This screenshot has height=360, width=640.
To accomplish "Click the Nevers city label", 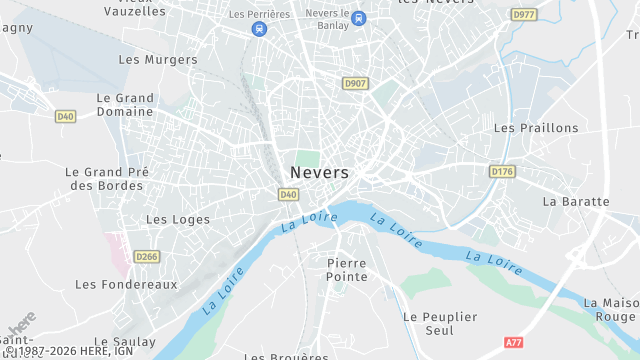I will coord(320,172).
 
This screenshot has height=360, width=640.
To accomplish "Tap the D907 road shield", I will coord(353,83).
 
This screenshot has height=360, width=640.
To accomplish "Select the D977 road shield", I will coord(523,15).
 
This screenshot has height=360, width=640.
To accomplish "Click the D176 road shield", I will coord(502,172).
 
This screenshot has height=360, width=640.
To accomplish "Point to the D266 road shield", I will coord(147,257).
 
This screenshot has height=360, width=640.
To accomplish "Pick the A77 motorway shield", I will coord(514,342).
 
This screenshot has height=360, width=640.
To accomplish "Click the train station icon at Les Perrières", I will coord(260,29).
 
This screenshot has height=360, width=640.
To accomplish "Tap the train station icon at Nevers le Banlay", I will coord(359,17).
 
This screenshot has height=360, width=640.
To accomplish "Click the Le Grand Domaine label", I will coord(125,105).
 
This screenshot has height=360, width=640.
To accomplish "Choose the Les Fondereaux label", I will coord(126,284).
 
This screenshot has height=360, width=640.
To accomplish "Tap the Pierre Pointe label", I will coord(347,269).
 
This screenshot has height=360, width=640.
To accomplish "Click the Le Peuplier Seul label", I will coord(440,323).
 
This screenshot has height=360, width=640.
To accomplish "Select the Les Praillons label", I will coord(536,128).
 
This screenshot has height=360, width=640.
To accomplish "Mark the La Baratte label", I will coord(576,201).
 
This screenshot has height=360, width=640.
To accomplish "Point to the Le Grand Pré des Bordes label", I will coord(106,179).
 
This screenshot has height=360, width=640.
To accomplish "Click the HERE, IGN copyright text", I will coord(70,352).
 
